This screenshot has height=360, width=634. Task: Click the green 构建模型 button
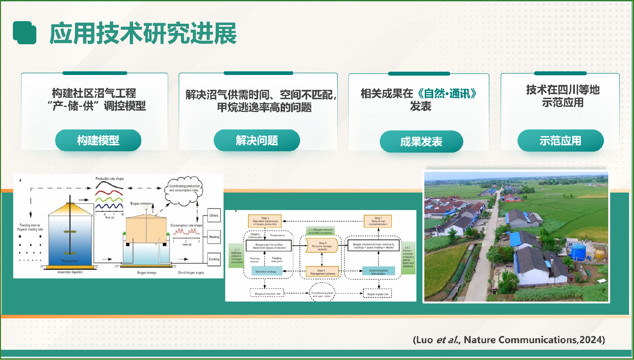(x=98, y=140)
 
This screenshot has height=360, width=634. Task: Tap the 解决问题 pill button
(x=257, y=140)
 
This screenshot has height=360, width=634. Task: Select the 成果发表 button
(x=421, y=142)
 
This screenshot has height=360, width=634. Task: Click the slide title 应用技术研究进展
(x=143, y=33)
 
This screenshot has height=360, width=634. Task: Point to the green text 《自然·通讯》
(x=447, y=94)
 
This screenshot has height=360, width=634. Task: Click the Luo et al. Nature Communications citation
(x=509, y=340)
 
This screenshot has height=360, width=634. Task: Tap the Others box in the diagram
(x=214, y=215)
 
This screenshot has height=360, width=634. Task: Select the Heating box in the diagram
(x=214, y=237)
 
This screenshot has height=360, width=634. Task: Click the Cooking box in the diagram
(x=214, y=259)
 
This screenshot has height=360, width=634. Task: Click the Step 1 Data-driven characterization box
(x=378, y=221)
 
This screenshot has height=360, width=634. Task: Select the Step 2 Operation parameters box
(x=265, y=221)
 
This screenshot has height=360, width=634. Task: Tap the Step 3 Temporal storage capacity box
(x=322, y=246)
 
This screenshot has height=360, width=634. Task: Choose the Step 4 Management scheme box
(x=322, y=272)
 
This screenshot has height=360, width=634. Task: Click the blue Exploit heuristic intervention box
(x=378, y=271)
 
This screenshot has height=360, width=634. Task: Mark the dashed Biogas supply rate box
(x=377, y=294)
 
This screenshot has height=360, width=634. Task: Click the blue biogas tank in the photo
(x=578, y=252)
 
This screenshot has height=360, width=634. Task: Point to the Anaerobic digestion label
(x=70, y=272)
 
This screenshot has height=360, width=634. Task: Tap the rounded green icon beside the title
(x=25, y=33)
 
